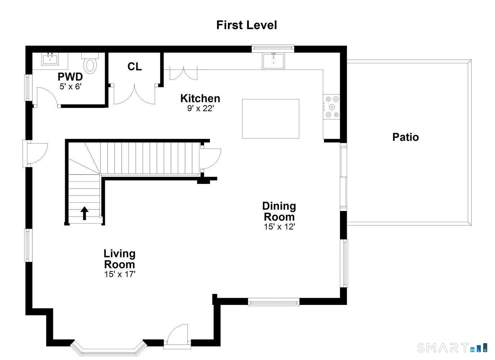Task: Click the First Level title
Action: tap(247, 25)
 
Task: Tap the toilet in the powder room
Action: tap(90, 65)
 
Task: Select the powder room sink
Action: tap(50, 59)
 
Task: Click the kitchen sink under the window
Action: tap(273, 60)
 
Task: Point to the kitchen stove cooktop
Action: tap(331, 107)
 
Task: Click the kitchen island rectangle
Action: tap(270, 119)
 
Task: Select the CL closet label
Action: tap(135, 67)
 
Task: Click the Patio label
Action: tap(405, 137)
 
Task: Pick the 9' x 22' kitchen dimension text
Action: tap(200, 108)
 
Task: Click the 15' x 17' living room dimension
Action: tap(120, 274)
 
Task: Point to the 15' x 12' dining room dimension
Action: tap(279, 227)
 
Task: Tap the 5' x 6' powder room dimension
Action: tap(71, 86)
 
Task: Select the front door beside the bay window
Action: tap(177, 337)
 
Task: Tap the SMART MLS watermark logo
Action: tap(452, 347)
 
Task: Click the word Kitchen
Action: tap(200, 98)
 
